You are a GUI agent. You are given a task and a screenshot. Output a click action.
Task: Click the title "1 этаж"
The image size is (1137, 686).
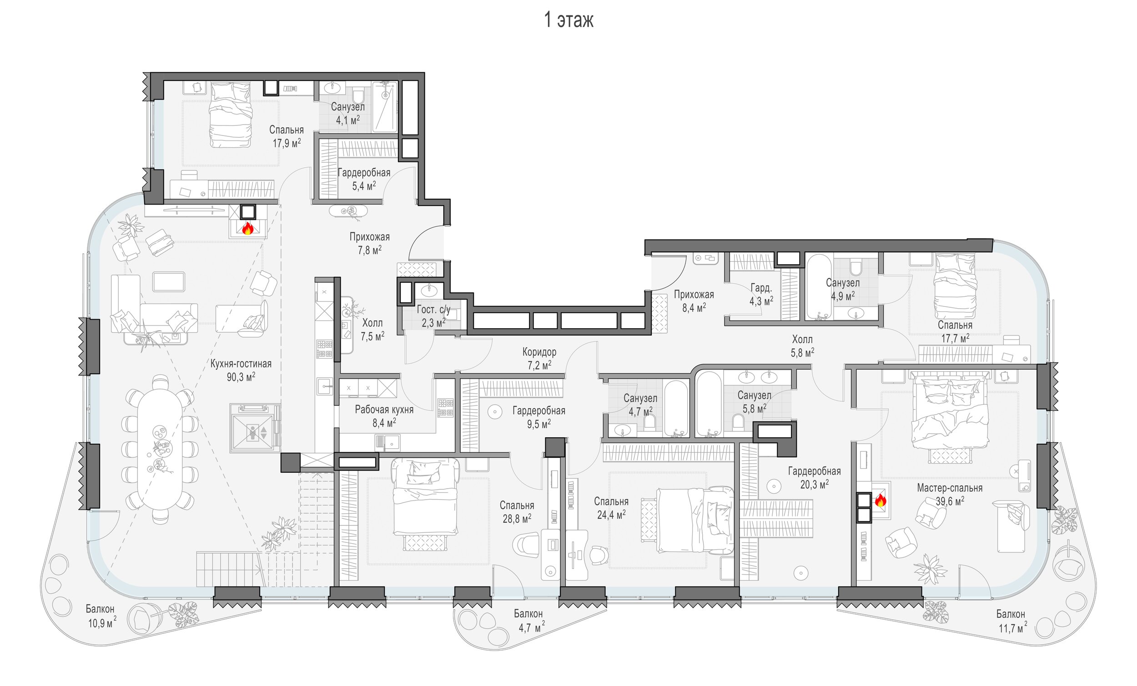(x=568, y=20)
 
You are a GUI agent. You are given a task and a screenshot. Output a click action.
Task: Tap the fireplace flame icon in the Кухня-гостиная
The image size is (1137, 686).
(x=248, y=228)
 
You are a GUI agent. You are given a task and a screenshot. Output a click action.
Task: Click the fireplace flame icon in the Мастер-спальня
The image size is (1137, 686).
(x=880, y=500)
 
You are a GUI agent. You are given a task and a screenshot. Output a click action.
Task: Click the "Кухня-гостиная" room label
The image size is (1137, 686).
(x=241, y=364)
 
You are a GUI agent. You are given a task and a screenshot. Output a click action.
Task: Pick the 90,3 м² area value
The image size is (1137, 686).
(x=241, y=377)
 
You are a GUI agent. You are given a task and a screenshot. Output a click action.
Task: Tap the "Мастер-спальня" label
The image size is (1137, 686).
(x=950, y=488)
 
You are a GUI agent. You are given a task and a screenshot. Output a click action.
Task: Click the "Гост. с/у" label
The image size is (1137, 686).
(x=433, y=310)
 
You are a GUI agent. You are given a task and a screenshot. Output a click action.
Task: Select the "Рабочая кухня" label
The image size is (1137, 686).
(x=384, y=409)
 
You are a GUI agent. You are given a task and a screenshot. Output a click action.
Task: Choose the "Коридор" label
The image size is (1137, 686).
(x=539, y=352)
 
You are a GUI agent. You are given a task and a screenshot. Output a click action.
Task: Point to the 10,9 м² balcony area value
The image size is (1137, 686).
(x=102, y=623)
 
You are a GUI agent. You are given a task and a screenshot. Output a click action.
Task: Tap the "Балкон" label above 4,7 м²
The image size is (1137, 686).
(x=528, y=614)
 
